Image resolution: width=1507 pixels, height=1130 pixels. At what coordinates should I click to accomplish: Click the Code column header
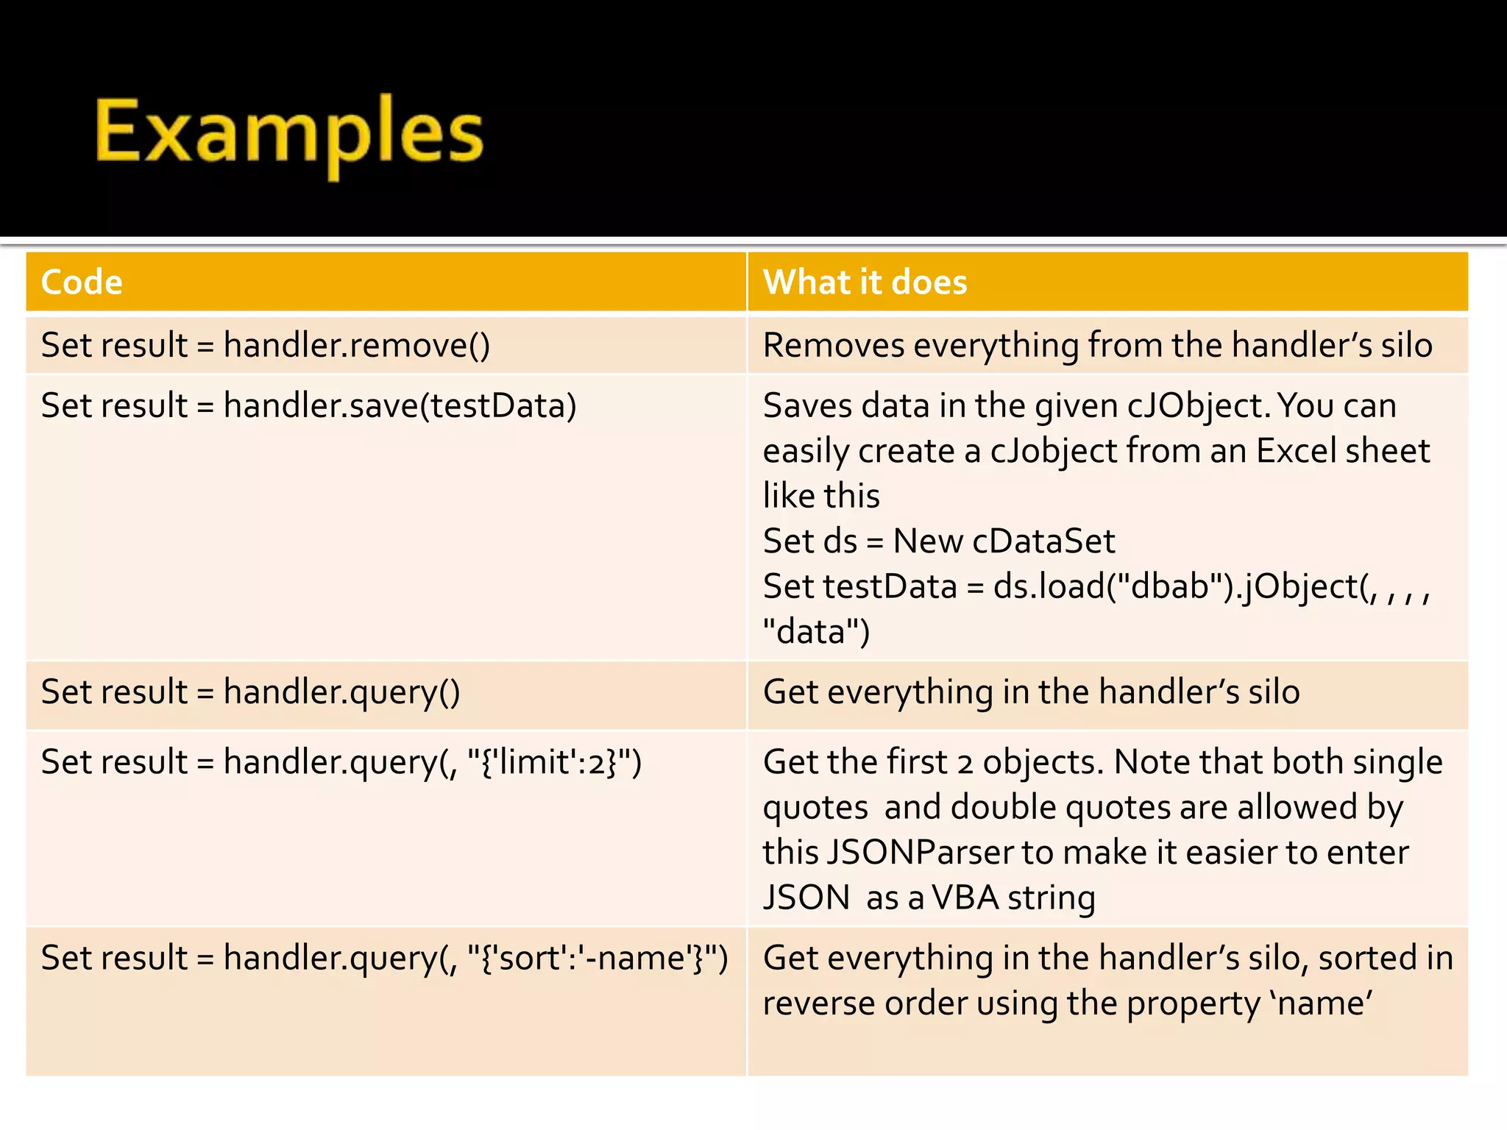tap(82, 282)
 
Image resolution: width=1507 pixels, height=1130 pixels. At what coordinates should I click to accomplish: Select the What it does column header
tap(865, 282)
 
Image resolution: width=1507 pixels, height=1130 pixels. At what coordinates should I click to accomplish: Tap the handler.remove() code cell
tap(265, 345)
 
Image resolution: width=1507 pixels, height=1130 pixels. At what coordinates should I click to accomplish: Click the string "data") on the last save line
tap(816, 632)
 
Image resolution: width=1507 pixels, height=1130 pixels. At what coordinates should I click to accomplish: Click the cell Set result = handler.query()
tap(250, 692)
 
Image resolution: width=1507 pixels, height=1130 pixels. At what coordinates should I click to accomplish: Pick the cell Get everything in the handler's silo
tap(1031, 692)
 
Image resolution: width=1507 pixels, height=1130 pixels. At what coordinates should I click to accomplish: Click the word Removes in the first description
tap(833, 345)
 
